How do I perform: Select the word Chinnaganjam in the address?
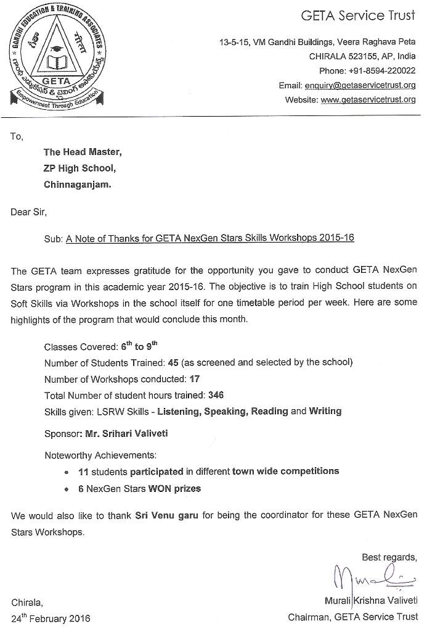coord(77,184)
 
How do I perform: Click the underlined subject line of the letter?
coord(210,238)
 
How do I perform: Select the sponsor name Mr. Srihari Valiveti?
coord(126,433)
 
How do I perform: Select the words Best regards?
coord(389,557)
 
